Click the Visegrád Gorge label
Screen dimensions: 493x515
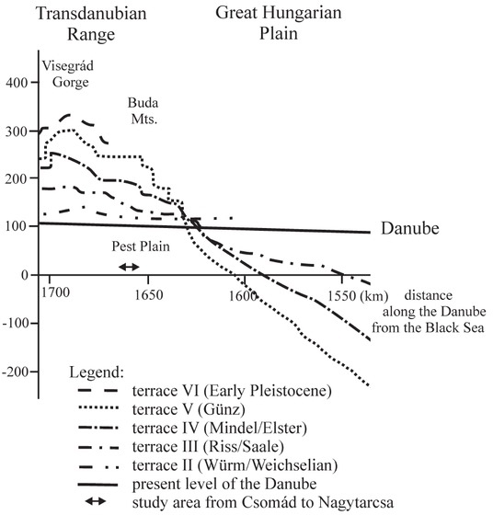[68, 74]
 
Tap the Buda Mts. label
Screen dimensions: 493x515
[143, 110]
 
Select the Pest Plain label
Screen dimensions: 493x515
[141, 246]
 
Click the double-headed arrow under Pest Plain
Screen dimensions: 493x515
[129, 267]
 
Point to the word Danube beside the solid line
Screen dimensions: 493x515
[410, 228]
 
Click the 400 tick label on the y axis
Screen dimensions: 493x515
[17, 83]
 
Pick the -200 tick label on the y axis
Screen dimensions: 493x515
[15, 372]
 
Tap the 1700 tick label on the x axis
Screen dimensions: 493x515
[55, 292]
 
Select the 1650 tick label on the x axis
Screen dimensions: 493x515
[149, 295]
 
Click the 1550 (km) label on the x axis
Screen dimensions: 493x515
[358, 296]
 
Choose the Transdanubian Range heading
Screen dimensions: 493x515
[91, 24]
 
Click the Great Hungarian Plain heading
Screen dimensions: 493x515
[279, 23]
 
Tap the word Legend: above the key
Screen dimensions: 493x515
[97, 372]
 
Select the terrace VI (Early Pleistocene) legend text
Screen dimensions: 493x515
[232, 391]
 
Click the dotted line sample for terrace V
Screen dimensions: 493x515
[98, 408]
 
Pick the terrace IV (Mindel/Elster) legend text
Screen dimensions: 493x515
[220, 429]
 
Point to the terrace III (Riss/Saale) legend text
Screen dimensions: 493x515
[208, 447]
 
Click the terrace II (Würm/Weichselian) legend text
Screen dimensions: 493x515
[235, 465]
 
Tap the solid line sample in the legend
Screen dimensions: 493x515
[97, 485]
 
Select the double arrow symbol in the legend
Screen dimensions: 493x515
[96, 501]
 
